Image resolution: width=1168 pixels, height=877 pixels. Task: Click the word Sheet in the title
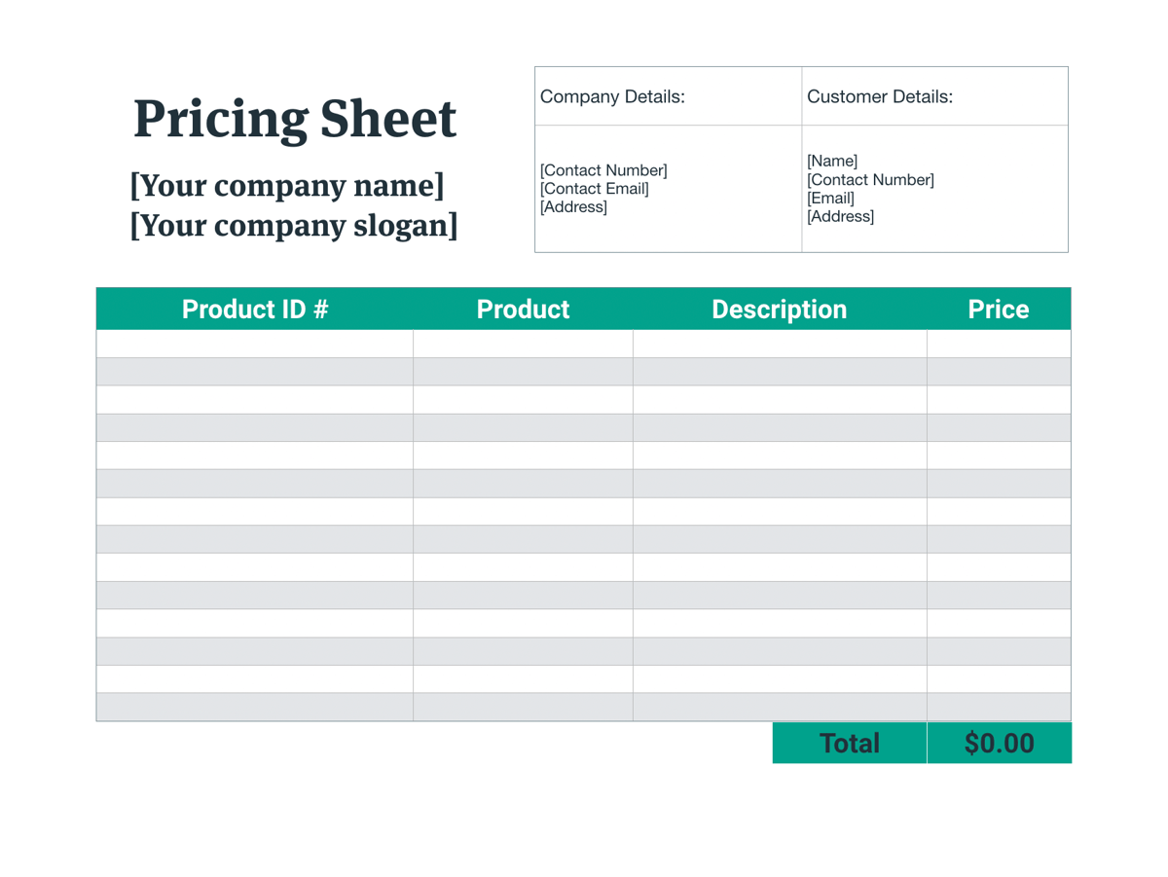(388, 119)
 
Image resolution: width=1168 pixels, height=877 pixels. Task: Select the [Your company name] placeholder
(287, 185)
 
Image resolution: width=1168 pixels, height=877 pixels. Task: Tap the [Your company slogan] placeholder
(294, 225)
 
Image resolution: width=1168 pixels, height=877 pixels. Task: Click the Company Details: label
(612, 96)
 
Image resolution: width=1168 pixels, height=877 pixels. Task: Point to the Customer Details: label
(880, 96)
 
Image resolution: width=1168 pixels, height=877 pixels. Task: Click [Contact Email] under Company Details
(595, 189)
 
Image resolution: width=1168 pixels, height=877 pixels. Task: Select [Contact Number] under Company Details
(603, 171)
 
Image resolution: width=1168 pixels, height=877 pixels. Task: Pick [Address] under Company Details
(573, 207)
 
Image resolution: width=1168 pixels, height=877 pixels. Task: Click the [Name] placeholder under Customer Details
(832, 161)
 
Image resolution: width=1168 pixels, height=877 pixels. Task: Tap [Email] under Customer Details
(830, 198)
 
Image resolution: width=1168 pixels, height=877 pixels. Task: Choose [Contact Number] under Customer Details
(870, 179)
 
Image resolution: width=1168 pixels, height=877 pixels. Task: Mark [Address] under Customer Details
(840, 216)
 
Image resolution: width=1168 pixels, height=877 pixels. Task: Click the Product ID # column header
(255, 310)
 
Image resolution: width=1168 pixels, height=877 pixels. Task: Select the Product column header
(523, 310)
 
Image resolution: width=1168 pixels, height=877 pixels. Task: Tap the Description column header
(779, 310)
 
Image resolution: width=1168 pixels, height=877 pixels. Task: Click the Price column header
(998, 310)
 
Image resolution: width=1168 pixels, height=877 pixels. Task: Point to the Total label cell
(849, 743)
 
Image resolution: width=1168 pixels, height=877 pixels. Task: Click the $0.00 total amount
(999, 743)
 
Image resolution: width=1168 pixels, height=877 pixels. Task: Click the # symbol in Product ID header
(319, 310)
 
